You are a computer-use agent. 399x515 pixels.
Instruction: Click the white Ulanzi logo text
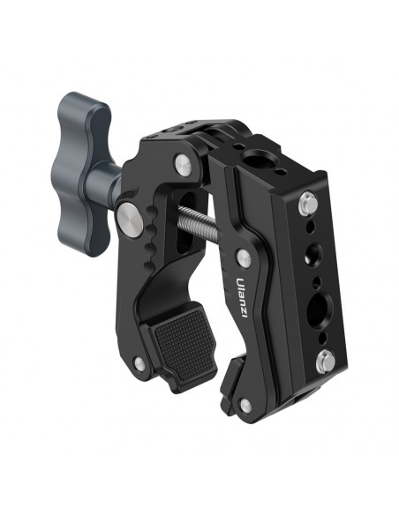(242, 297)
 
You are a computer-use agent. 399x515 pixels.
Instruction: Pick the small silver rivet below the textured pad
(139, 363)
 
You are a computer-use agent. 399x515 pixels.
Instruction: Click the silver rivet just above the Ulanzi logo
(245, 257)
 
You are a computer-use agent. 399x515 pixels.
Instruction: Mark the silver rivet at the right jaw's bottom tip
(245, 406)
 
